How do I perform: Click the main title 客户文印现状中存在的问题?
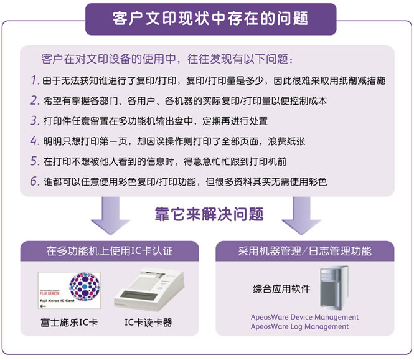pyautogui.click(x=210, y=19)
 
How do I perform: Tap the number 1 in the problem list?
pyautogui.click(x=35, y=80)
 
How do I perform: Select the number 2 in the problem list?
pyautogui.click(x=35, y=100)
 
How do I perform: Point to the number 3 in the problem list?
pyautogui.click(x=35, y=120)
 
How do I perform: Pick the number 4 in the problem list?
pyautogui.click(x=35, y=141)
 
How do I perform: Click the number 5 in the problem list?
pyautogui.click(x=35, y=161)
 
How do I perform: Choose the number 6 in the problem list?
pyautogui.click(x=35, y=181)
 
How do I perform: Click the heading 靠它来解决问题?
pyautogui.click(x=209, y=214)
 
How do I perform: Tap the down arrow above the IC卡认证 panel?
pyautogui.click(x=110, y=216)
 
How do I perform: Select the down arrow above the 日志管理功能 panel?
pyautogui.click(x=301, y=216)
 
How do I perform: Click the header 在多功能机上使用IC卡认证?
pyautogui.click(x=110, y=251)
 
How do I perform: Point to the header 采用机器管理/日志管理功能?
pyautogui.click(x=304, y=251)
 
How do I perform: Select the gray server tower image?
pyautogui.click(x=334, y=288)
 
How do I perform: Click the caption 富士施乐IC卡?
pyautogui.click(x=69, y=323)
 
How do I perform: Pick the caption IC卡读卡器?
pyautogui.click(x=148, y=323)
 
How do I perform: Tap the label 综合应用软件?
pyautogui.click(x=281, y=289)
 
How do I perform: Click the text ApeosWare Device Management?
pyautogui.click(x=304, y=317)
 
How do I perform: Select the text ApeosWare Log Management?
pyautogui.click(x=299, y=327)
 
